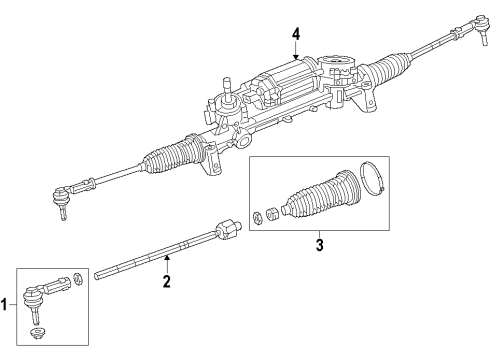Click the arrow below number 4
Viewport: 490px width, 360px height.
tap(296, 52)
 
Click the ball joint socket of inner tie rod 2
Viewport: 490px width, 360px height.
tap(227, 230)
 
